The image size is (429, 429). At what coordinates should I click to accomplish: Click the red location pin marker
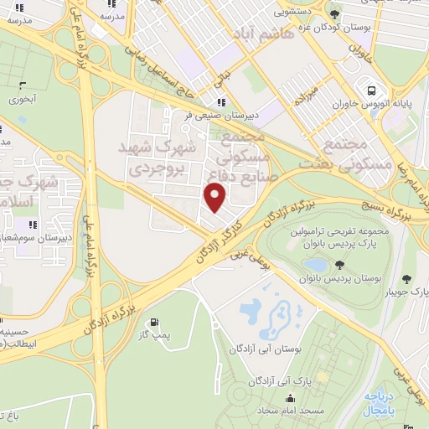[215, 197]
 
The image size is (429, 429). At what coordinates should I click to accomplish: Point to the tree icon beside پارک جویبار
[407, 278]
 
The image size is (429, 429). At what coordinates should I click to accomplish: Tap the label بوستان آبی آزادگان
[255, 345]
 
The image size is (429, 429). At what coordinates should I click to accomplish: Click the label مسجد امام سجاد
[272, 413]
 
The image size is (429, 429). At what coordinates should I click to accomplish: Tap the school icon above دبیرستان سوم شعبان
[34, 225]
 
